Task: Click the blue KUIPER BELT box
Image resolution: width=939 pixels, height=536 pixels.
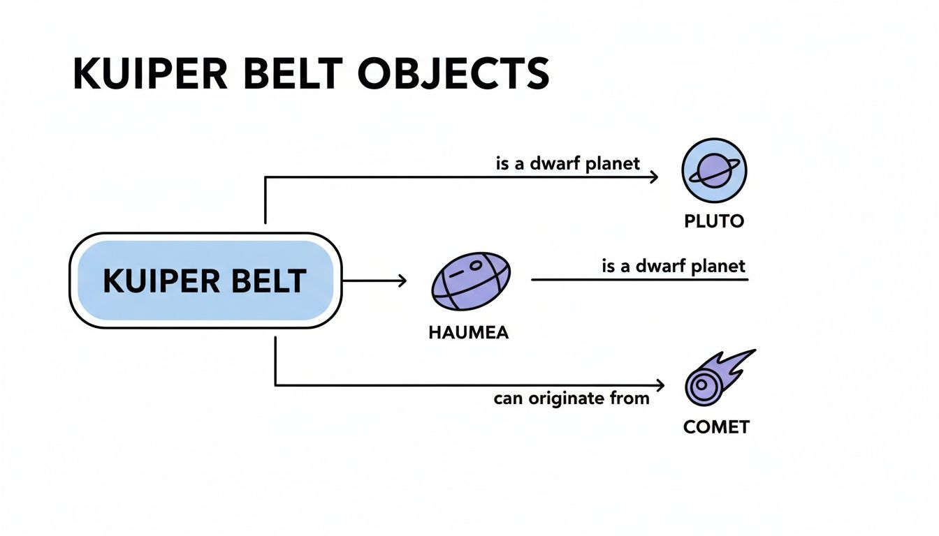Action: pos(204,281)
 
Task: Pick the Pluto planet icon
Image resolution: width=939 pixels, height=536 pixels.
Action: pos(714,170)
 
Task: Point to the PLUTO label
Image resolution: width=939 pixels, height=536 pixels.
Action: pos(714,222)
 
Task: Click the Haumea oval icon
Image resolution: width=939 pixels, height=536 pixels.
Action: pos(471,281)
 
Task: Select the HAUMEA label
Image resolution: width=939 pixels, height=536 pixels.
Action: pos(468,333)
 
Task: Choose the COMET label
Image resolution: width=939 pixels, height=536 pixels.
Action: pos(716,426)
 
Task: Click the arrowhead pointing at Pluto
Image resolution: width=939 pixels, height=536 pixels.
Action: pos(654,177)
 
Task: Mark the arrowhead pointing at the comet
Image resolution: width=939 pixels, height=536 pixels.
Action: pos(658,385)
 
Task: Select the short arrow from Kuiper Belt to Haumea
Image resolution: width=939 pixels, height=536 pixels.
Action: pos(374,281)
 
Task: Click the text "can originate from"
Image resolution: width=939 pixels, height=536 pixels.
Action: pos(572,399)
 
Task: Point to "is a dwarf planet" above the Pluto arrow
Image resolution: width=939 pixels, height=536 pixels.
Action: pos(568,164)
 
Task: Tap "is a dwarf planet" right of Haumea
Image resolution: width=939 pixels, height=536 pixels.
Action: pos(674,266)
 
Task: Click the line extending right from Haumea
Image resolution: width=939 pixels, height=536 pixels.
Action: pos(639,280)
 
